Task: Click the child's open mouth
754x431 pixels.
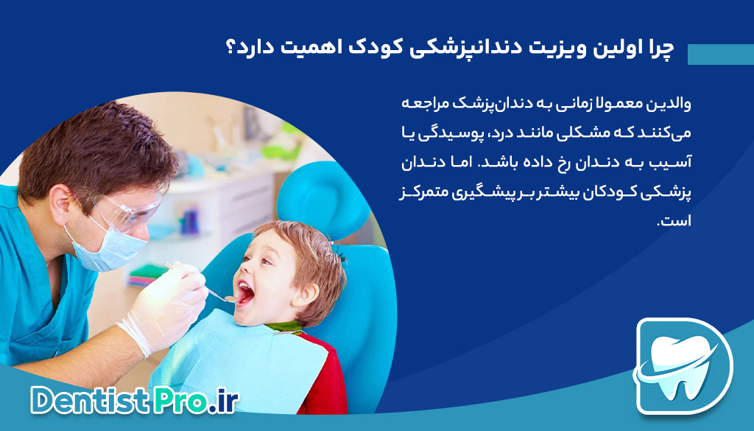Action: point(244,295)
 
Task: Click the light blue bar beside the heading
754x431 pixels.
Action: point(720,55)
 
